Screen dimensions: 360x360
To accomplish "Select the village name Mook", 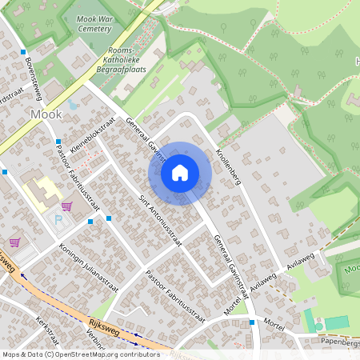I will [45, 114].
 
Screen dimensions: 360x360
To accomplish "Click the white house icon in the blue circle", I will [180, 172].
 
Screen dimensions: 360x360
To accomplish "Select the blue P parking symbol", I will [58, 218].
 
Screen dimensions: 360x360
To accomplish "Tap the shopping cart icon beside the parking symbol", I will [66, 206].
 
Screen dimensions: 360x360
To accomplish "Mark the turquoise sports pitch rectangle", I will [337, 322].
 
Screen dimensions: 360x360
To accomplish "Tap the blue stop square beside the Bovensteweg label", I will [20, 51].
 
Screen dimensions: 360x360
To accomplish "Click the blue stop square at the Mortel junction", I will [251, 322].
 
